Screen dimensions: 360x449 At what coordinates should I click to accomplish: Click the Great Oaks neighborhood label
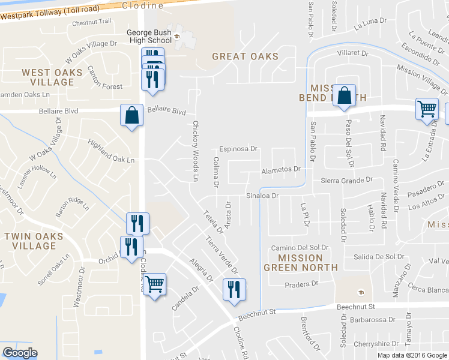click(245, 56)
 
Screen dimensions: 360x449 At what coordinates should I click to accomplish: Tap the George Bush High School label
click(149, 37)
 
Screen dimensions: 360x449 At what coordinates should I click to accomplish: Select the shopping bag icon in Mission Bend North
click(343, 96)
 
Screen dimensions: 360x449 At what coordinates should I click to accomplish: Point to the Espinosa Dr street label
click(238, 148)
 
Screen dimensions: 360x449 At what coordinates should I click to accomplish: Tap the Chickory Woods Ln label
click(195, 151)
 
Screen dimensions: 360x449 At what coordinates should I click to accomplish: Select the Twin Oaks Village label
click(34, 241)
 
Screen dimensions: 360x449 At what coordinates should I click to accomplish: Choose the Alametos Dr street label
click(280, 170)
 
